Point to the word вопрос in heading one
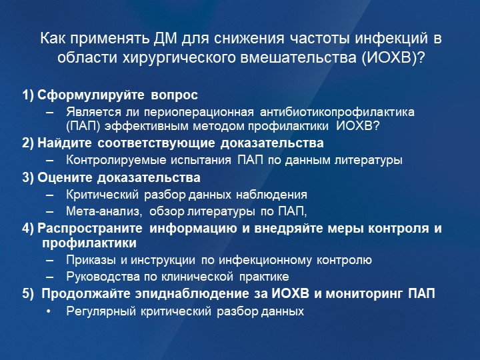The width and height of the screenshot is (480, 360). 174,96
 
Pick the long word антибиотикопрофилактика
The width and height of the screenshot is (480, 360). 337,113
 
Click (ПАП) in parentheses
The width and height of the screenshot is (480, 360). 83,126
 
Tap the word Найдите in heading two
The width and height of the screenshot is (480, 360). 64,143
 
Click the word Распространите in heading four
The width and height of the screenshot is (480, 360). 90,229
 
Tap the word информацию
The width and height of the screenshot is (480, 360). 193,229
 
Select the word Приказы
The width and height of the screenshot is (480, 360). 91,260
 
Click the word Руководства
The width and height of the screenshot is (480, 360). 103,277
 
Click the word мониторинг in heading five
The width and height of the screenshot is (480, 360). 364,294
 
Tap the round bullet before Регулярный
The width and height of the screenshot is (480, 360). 49,311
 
